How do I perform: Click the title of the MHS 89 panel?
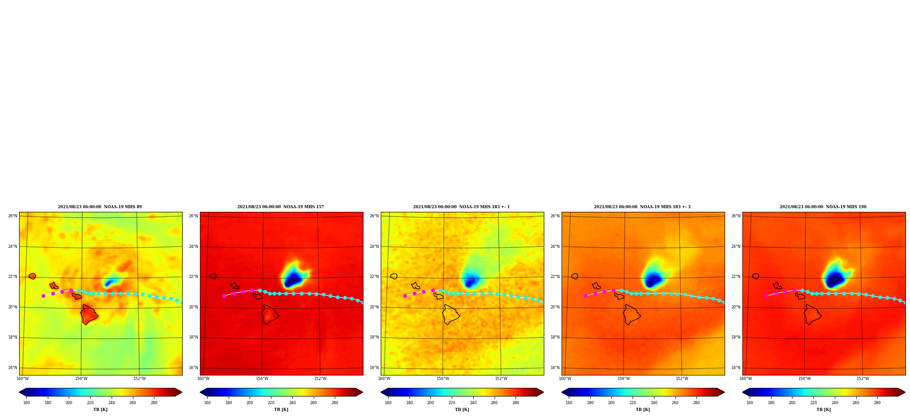coord(100,207)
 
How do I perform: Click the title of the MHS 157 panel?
coord(281,207)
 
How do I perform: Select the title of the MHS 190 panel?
coord(823,207)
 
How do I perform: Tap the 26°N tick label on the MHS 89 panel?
coord(13,216)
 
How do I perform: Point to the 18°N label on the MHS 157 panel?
coord(194,337)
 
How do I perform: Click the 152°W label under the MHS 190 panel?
coord(863,379)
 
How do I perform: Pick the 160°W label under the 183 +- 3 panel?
coord(565,379)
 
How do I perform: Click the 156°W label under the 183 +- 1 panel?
coord(443,379)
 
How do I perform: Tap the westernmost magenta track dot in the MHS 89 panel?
coord(44,296)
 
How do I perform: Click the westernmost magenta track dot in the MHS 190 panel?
coord(767,296)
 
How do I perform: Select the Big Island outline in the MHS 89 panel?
coord(89,314)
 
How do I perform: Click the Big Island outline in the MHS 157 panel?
coord(270,314)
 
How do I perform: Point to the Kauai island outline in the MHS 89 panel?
coord(32,276)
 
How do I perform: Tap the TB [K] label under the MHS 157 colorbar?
coord(281,410)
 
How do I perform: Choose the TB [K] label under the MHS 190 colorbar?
coord(823,410)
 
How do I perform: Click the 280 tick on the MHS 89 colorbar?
coord(154,403)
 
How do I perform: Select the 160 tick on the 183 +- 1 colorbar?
coord(388,403)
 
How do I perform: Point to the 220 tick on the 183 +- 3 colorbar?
coord(633,403)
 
